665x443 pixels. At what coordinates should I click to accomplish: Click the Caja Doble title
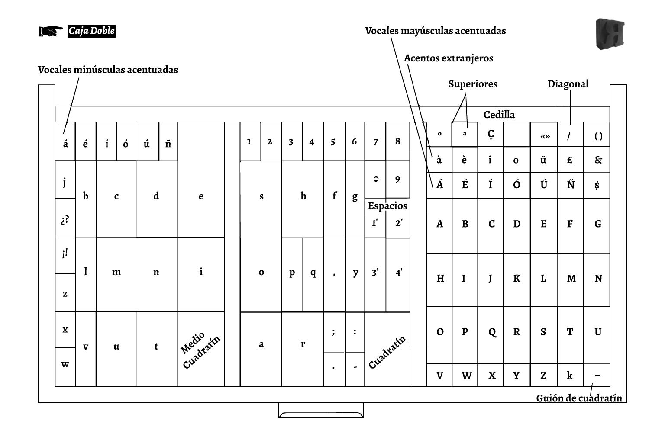(x=91, y=31)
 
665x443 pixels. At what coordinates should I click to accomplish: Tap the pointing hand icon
(x=51, y=31)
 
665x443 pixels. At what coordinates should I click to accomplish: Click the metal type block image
(x=610, y=34)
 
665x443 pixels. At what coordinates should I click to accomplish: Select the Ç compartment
(x=491, y=135)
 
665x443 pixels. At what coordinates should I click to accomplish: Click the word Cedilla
(x=499, y=115)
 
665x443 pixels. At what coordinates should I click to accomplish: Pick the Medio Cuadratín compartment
(x=201, y=350)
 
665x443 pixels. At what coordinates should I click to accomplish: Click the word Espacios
(x=387, y=206)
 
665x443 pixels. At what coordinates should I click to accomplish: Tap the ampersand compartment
(x=597, y=160)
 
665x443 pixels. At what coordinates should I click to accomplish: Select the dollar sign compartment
(x=597, y=186)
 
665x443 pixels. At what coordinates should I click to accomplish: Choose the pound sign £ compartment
(x=570, y=160)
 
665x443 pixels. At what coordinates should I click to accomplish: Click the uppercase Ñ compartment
(x=571, y=186)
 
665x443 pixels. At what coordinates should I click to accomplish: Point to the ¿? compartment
(x=65, y=219)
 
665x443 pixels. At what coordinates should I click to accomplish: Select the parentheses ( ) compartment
(x=597, y=136)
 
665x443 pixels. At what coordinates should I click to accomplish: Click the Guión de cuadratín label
(x=579, y=398)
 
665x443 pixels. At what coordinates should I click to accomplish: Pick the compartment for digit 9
(x=397, y=179)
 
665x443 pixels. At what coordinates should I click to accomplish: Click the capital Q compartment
(x=492, y=332)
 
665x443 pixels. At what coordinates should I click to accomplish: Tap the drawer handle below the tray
(x=321, y=410)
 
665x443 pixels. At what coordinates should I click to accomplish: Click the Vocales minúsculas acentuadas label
(x=108, y=70)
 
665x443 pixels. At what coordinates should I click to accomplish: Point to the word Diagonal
(x=568, y=84)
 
